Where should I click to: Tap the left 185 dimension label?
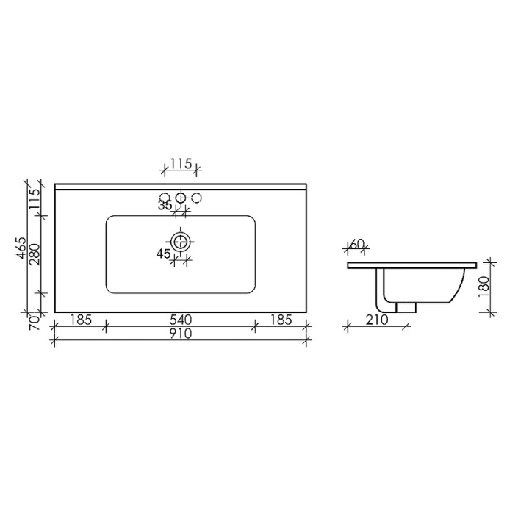pos(81,320)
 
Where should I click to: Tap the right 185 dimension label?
pos(280,320)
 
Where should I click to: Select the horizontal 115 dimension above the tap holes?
pos(180,164)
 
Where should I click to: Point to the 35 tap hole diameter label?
pos(165,206)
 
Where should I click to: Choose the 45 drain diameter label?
pos(163,253)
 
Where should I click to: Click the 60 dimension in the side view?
pos(358,243)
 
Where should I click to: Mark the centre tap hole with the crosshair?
pos(181,197)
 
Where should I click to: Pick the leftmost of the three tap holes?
pos(165,197)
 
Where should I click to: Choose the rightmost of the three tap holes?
pos(197,197)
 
